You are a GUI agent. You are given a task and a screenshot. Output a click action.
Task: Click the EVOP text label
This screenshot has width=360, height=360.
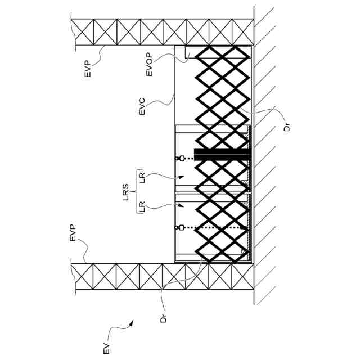pos(149,65)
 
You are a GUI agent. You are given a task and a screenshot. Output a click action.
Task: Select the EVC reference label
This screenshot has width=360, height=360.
pos(142,107)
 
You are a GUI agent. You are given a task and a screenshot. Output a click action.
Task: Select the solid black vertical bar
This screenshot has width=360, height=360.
pos(222,153)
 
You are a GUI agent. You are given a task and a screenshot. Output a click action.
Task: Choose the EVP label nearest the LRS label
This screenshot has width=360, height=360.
pos(73,233)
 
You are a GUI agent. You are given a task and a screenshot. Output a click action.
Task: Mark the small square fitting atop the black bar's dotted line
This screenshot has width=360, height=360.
pos(182,159)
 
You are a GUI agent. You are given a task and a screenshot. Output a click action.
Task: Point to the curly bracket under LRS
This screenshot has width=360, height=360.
pos(137,193)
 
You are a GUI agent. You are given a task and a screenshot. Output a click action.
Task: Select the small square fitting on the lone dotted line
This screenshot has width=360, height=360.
pos(182,227)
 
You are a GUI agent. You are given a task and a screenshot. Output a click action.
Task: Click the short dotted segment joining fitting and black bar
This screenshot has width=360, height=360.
pos(189,159)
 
